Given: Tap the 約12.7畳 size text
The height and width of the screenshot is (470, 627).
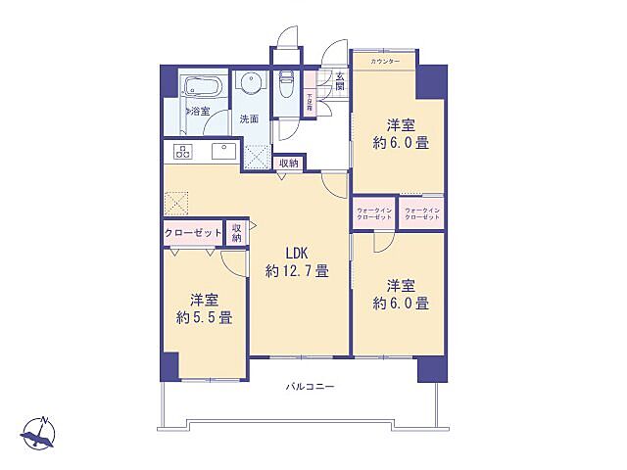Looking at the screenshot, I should (x=295, y=271).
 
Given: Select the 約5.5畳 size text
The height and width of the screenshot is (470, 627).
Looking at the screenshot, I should (x=204, y=317).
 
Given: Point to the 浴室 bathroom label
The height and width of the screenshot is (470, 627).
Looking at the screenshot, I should (x=200, y=110).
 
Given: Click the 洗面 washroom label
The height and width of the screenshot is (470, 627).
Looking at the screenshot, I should (x=249, y=118).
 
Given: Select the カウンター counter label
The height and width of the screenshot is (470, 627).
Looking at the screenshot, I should (x=385, y=62).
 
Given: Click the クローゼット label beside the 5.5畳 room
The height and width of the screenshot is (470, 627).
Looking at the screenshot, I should (x=193, y=233).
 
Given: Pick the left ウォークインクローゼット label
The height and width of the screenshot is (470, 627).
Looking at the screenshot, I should (x=375, y=214).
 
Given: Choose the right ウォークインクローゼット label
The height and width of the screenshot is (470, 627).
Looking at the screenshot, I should (x=422, y=214).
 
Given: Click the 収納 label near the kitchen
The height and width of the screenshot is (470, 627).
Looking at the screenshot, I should (x=288, y=164).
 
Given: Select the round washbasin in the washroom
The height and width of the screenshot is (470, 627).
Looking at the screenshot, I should (x=250, y=85).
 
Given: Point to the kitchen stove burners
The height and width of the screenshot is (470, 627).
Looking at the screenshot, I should (x=182, y=151).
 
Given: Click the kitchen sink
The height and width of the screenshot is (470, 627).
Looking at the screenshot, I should (x=221, y=151).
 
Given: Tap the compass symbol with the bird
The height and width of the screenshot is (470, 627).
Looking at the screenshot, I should (x=39, y=430).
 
